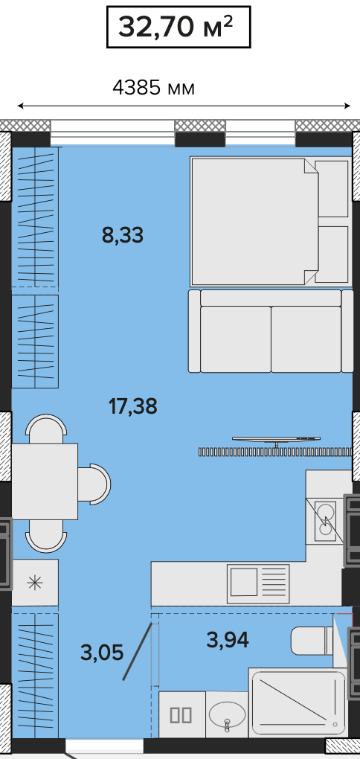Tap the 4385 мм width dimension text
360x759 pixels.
point(153,88)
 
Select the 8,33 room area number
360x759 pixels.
point(123,235)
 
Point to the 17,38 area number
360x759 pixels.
point(133,406)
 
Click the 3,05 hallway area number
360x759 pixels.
point(102,653)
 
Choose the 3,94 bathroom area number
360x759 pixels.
point(228,641)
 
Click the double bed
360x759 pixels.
point(269,221)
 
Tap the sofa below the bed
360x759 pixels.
point(271,331)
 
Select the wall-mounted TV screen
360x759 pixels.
point(276,440)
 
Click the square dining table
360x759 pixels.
point(45,481)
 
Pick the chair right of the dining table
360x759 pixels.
point(94,484)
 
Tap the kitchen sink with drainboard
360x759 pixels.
point(258,584)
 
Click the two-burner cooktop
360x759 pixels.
point(326,521)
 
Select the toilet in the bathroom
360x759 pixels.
point(312,641)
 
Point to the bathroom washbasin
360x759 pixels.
point(227,714)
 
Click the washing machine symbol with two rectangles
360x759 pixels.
point(181,715)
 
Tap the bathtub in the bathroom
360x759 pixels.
point(298,703)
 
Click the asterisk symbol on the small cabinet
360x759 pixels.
point(35,583)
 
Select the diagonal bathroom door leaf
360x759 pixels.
point(138,651)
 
